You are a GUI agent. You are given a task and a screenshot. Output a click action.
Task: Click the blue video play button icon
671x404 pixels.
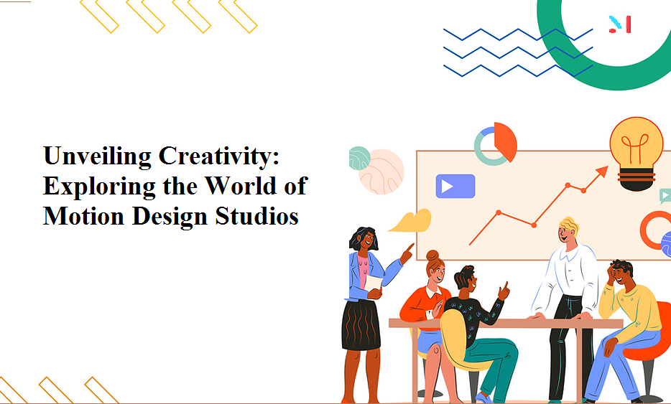pyautogui.click(x=455, y=187)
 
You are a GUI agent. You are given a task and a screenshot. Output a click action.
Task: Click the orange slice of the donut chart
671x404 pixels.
pyautogui.click(x=505, y=141)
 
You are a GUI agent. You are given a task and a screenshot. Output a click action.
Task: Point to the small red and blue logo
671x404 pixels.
pyautogui.click(x=620, y=24)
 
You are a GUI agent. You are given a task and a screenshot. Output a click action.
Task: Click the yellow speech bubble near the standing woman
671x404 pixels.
pyautogui.click(x=412, y=221)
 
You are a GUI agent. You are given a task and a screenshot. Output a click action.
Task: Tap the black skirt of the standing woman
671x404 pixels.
pyautogui.click(x=361, y=324)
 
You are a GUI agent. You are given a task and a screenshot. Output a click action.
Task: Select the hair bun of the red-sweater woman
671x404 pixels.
pyautogui.click(x=432, y=255)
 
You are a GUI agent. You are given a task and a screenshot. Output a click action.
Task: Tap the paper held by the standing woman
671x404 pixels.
pyautogui.click(x=374, y=284)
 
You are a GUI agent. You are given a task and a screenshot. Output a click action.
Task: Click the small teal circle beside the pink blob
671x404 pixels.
pyautogui.click(x=359, y=157)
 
